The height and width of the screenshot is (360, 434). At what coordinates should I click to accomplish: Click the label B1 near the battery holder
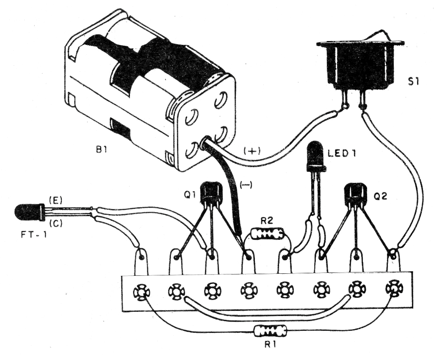[x=102, y=150]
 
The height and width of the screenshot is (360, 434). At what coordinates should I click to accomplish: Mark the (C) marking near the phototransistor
[x=55, y=223]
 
